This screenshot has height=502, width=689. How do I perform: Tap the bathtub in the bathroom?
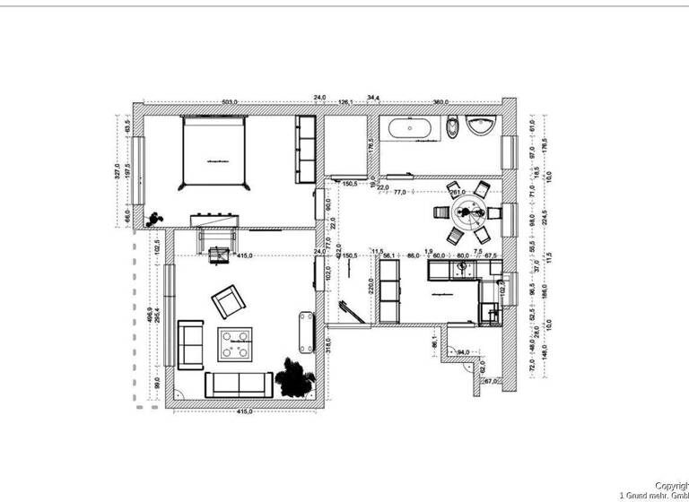pyautogui.click(x=412, y=128)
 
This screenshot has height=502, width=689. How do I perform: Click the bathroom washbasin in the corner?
pyautogui.click(x=484, y=126)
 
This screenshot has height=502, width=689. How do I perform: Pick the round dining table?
pyautogui.click(x=467, y=212)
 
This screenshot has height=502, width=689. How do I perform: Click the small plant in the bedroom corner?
pyautogui.click(x=157, y=217)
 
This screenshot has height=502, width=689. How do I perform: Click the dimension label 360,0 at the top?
pyautogui.click(x=440, y=101)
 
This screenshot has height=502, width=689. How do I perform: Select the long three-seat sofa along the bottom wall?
pyautogui.click(x=240, y=385)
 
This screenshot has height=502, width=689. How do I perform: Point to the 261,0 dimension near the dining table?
pyautogui.click(x=457, y=192)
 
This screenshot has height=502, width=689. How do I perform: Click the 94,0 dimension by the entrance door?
pyautogui.click(x=464, y=352)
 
